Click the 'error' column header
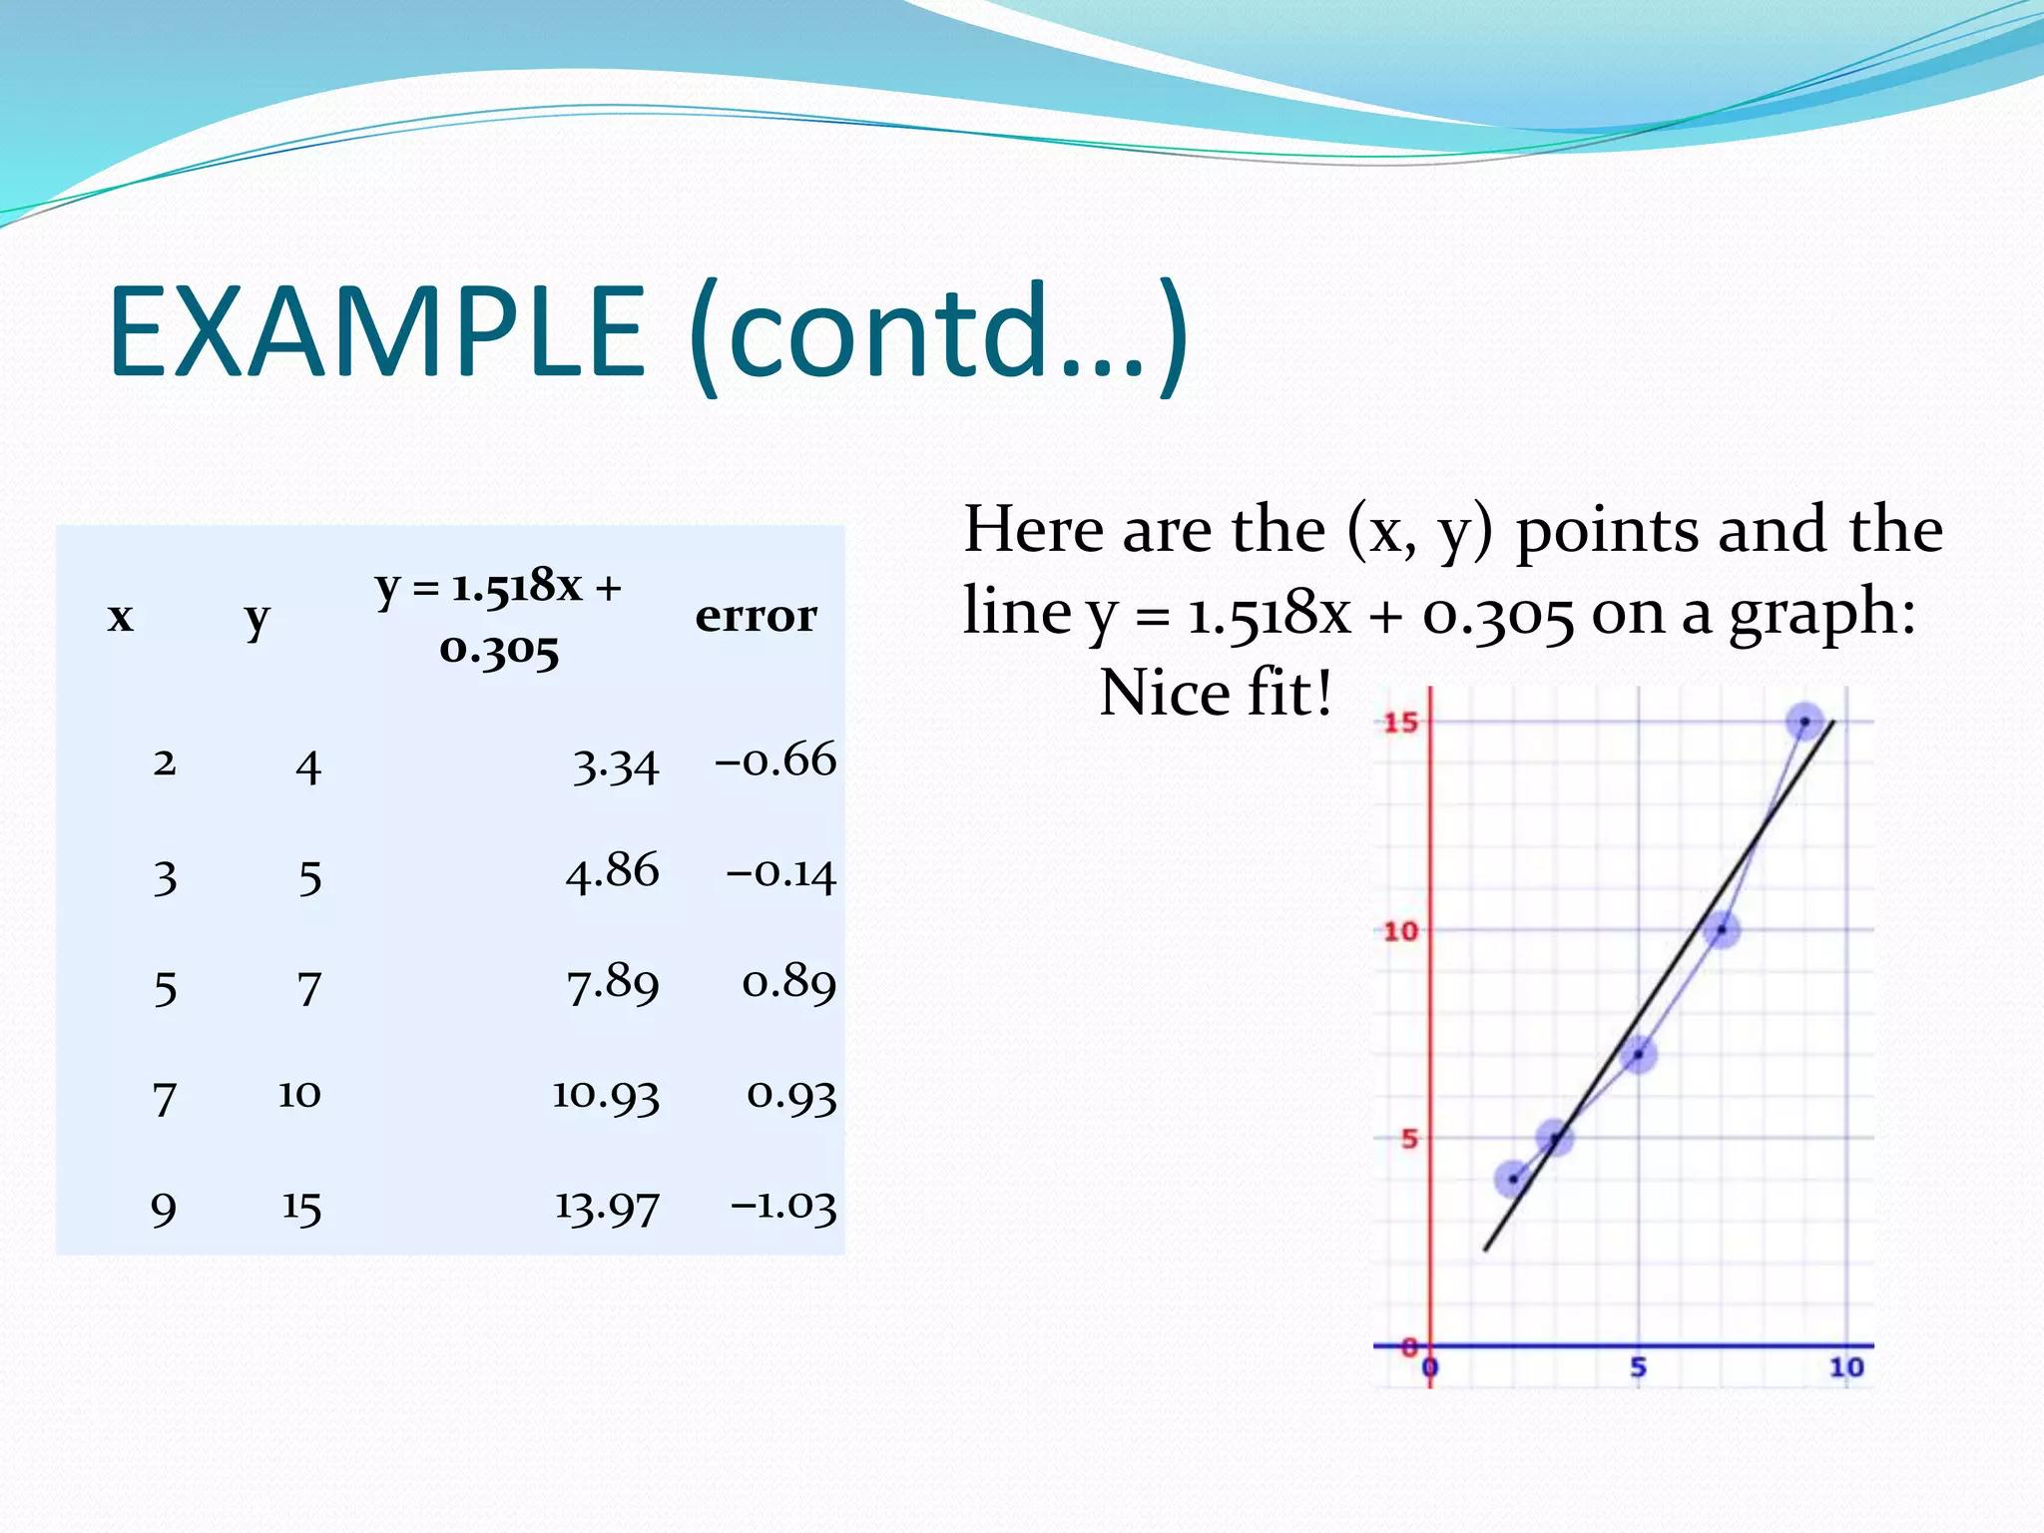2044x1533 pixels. (756, 615)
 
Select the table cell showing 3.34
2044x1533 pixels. (616, 766)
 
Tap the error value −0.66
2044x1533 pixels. (775, 761)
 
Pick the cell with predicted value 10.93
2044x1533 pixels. (606, 1095)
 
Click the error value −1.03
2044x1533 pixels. (783, 1206)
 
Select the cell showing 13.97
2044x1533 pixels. (607, 1208)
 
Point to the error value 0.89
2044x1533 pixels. (788, 984)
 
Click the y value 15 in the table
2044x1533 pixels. (300, 1208)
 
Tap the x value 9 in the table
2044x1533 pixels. (164, 1209)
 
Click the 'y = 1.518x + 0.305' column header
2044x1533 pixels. (499, 617)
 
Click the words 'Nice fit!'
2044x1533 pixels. (1215, 693)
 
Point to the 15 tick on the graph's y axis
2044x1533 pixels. (1400, 722)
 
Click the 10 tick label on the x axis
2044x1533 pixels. (1845, 1367)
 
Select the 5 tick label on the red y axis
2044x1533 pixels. (1408, 1139)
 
